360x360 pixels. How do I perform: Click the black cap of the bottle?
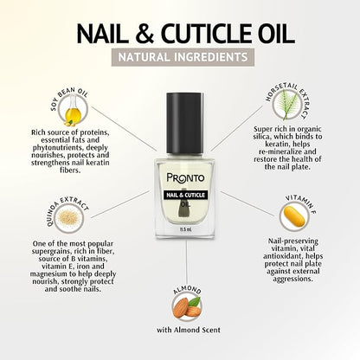(185, 123)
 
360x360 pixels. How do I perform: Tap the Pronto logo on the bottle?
(185, 178)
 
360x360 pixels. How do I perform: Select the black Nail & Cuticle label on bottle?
(185, 195)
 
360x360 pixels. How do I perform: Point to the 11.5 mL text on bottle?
(186, 229)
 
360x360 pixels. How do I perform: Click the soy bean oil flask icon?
(73, 112)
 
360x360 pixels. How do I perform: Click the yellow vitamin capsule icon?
(294, 216)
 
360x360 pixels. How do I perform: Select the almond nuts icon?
(187, 307)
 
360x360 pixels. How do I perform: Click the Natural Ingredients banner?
(183, 57)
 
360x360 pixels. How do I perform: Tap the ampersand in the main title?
(144, 35)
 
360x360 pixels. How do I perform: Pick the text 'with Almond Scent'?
(189, 330)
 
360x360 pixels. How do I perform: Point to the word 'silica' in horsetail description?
(261, 137)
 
